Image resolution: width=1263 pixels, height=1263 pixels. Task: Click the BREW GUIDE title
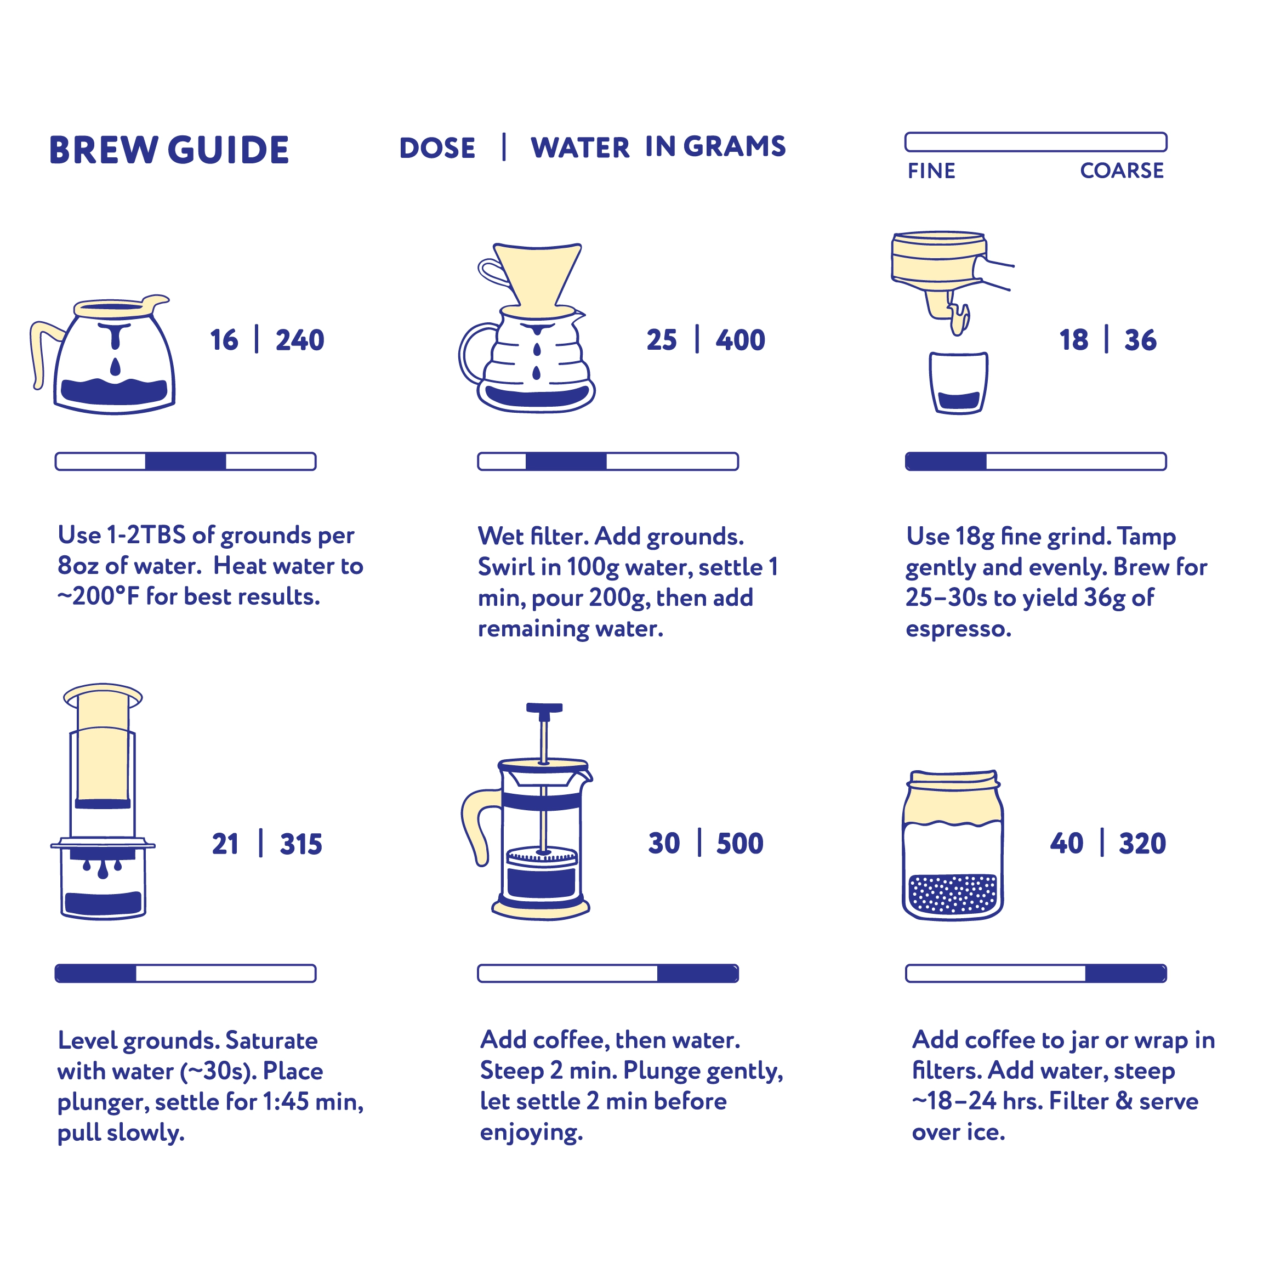pyautogui.click(x=169, y=150)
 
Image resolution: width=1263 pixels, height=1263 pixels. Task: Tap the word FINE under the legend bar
pyautogui.click(x=931, y=171)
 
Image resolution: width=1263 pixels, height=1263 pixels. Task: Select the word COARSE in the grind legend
pyautogui.click(x=1121, y=170)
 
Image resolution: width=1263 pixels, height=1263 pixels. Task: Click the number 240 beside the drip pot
pyautogui.click(x=299, y=340)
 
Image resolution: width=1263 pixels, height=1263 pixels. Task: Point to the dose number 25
pyautogui.click(x=661, y=340)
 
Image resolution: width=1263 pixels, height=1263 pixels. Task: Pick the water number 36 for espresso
pyautogui.click(x=1140, y=340)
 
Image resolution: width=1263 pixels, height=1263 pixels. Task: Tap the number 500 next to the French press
pyautogui.click(x=739, y=843)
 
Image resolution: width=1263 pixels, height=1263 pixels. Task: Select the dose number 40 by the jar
pyautogui.click(x=1066, y=843)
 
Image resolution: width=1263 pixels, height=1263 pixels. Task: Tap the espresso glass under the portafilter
pyautogui.click(x=958, y=383)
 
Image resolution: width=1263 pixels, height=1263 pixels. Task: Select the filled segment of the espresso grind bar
pyautogui.click(x=946, y=462)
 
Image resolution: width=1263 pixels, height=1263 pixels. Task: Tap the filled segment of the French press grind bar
pyautogui.click(x=697, y=974)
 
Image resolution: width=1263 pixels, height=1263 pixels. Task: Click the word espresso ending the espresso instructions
pyautogui.click(x=958, y=629)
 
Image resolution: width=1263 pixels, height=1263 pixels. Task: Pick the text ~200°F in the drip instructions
pyautogui.click(x=98, y=596)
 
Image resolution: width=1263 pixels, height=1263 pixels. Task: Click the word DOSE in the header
pyautogui.click(x=437, y=149)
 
